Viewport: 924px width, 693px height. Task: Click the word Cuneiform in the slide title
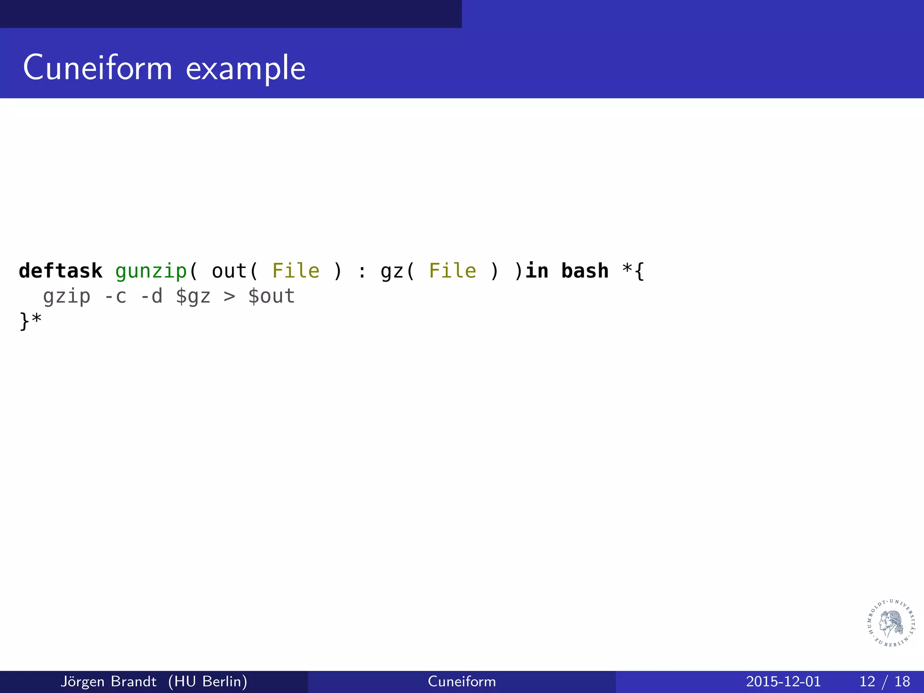(97, 68)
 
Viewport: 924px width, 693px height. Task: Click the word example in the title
(245, 69)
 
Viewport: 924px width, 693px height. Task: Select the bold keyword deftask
(60, 271)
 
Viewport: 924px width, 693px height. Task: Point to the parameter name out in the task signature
(229, 271)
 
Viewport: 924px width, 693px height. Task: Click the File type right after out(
(296, 271)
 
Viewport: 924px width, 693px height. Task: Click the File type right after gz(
(452, 271)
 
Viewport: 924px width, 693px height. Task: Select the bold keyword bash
(585, 271)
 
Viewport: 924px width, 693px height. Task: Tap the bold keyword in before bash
(537, 271)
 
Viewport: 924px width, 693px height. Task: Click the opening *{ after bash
(633, 271)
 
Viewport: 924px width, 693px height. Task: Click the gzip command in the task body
(67, 297)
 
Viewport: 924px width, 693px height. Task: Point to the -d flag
(151, 296)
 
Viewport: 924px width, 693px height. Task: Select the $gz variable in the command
(193, 296)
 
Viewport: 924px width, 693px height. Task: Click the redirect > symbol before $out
(229, 297)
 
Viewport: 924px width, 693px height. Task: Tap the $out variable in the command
(272, 296)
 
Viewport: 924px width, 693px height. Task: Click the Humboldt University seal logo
(891, 623)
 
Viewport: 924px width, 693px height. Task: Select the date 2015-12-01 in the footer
(783, 681)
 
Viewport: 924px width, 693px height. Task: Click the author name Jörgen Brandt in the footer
(108, 681)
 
